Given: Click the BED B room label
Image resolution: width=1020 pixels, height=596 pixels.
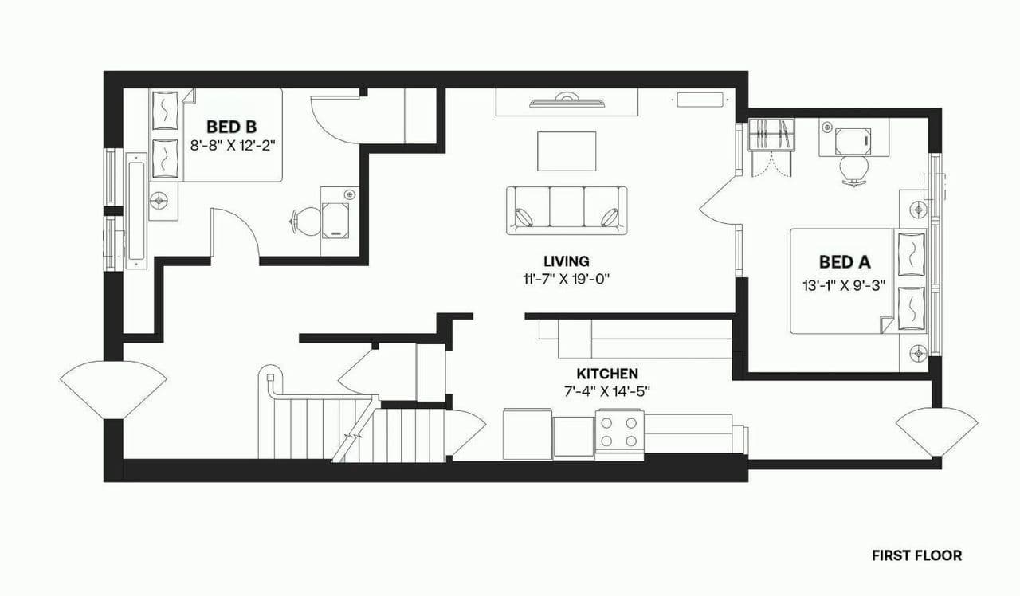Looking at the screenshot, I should coord(231,126).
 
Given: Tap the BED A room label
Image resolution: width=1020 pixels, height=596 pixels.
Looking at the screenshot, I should coord(845,261).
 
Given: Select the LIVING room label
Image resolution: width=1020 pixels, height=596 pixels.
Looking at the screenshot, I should coord(566,261).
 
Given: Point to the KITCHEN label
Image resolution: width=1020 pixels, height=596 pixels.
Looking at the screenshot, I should coord(607,374).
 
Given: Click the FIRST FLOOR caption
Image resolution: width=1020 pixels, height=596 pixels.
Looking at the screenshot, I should coord(916,555).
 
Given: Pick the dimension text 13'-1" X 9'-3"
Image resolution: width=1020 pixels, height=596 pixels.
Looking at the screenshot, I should coord(845,286).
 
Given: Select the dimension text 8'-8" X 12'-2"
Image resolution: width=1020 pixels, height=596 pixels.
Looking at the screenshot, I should coord(233,145).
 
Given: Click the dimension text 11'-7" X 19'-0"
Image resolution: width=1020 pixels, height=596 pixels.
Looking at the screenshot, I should coord(567,279).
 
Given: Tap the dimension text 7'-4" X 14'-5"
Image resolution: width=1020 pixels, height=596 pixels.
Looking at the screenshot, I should coord(607,391).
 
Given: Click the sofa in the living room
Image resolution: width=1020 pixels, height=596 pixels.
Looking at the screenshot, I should coord(567,210).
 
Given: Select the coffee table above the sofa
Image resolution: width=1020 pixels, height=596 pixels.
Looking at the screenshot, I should coord(567,151).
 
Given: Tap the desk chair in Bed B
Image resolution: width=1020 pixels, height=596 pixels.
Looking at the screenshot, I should coord(305,221).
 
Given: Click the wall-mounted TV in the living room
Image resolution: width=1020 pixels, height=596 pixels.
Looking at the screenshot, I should coord(567,100).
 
